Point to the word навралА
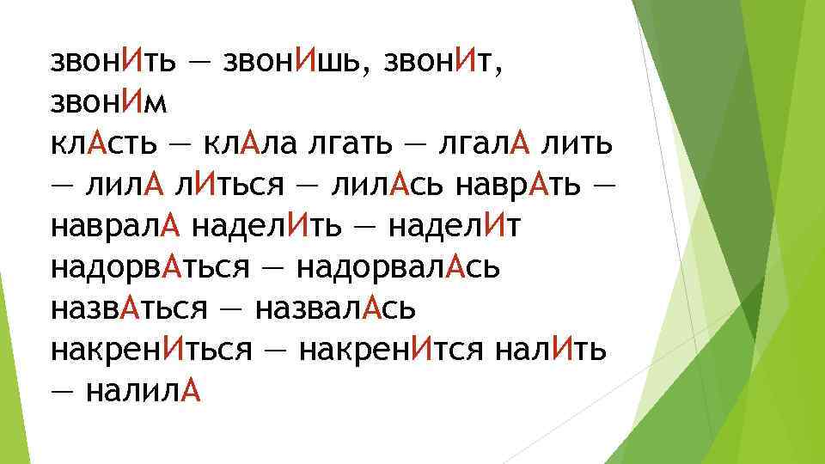(x=115, y=227)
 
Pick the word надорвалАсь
(x=399, y=268)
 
